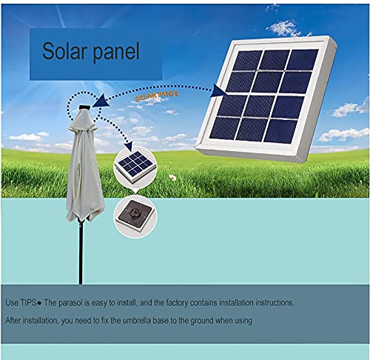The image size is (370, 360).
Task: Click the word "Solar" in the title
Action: point(64,50)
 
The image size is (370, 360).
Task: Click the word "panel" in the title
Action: point(116,53)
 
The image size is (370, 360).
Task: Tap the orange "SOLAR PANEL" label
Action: point(157,96)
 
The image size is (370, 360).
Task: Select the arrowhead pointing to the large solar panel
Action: point(220,90)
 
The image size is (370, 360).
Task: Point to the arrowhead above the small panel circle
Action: point(129,146)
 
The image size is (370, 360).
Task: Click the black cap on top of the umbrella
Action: point(85,107)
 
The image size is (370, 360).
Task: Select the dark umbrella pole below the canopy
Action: point(81,252)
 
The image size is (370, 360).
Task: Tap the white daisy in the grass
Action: point(172,177)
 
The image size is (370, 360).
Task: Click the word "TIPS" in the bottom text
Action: point(28,303)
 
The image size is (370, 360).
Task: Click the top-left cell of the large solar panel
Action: point(247,61)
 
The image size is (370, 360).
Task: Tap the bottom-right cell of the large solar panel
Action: point(280,131)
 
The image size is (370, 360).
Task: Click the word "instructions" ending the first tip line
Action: point(275,303)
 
